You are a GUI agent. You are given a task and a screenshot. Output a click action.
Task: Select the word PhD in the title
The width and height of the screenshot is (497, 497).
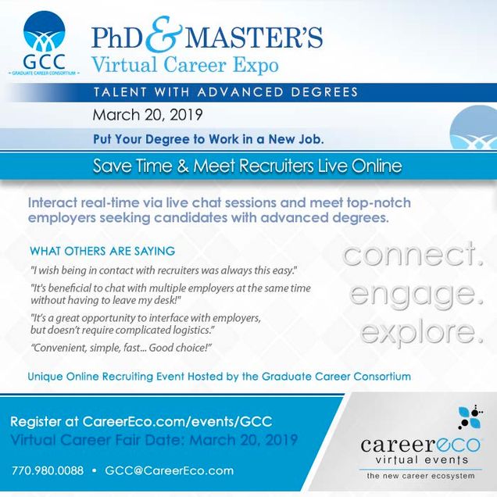tap(117, 38)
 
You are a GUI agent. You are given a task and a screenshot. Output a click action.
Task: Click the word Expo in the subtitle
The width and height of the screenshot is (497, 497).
tap(256, 66)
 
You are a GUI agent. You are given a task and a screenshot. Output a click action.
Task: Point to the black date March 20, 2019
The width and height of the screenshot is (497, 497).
tap(148, 115)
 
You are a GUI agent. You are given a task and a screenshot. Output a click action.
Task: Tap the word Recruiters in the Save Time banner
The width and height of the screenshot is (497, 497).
tap(276, 166)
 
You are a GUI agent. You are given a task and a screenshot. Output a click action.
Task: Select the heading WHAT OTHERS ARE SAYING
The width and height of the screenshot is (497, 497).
tap(102, 251)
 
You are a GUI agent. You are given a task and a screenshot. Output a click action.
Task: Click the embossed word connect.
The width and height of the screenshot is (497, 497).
tap(413, 254)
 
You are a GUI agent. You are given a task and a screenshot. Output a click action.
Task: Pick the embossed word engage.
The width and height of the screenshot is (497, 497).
tap(417, 295)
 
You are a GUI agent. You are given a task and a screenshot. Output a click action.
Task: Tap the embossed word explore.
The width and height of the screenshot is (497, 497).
tap(421, 332)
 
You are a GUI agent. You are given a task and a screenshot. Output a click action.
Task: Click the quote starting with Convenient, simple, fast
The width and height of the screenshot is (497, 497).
tap(121, 348)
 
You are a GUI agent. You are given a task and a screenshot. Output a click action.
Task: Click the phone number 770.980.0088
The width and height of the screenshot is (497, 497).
tap(48, 470)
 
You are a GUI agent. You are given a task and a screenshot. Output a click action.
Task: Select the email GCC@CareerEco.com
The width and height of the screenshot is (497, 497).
tap(170, 470)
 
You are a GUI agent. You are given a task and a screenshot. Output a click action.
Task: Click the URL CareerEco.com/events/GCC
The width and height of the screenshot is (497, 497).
tap(177, 421)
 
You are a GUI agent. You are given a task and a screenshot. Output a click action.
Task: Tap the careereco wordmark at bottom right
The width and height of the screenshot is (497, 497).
tap(420, 445)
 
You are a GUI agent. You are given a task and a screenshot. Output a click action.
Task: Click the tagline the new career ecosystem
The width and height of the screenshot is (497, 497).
tap(420, 475)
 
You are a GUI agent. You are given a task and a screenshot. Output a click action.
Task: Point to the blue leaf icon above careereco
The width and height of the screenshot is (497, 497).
tap(470, 418)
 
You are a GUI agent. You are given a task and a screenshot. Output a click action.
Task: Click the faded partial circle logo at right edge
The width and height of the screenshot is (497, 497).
tap(474, 127)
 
